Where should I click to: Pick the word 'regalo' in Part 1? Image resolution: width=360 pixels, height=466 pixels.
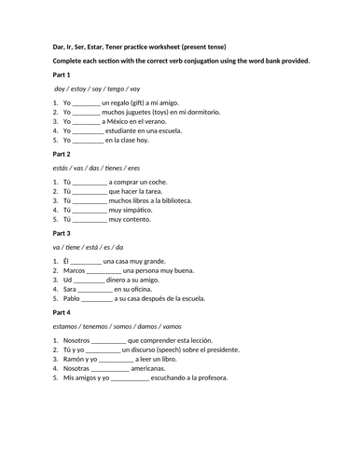[126, 102]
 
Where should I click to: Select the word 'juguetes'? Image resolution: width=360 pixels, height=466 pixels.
[142, 112]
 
